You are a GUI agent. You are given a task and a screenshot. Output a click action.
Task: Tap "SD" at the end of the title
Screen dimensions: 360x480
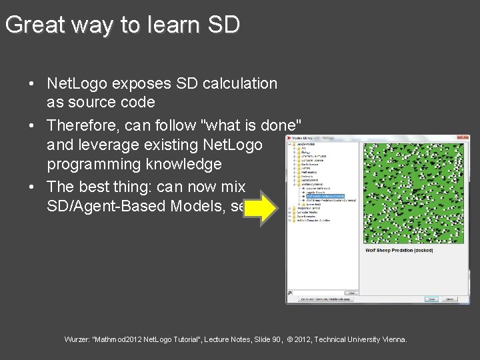(223, 25)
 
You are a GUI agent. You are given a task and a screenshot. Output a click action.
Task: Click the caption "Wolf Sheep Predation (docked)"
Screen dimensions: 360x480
(399, 251)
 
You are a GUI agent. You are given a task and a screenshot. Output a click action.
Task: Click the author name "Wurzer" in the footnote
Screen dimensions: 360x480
(77, 339)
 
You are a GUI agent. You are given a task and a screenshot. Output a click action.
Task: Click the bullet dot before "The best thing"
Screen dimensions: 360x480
(32, 187)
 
